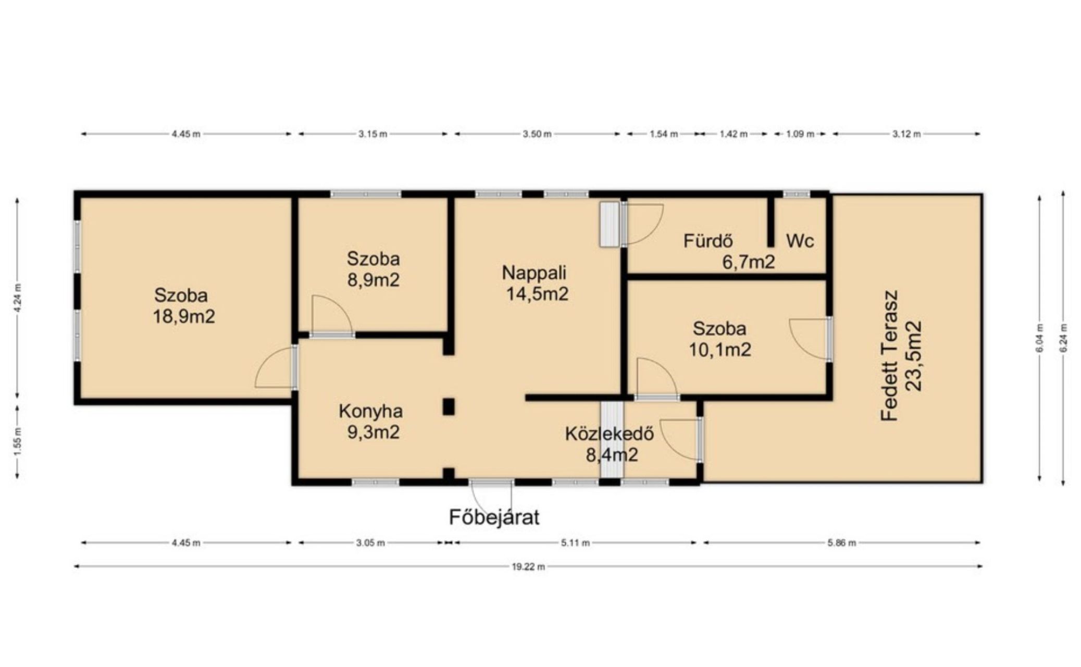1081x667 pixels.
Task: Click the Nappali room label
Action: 534,273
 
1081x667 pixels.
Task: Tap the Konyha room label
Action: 370,411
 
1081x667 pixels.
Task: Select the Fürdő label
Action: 708,241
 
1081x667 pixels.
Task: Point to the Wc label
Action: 800,241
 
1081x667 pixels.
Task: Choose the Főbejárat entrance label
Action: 494,517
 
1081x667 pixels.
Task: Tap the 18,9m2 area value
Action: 183,316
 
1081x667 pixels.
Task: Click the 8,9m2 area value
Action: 373,280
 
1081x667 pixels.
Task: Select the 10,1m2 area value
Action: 719,350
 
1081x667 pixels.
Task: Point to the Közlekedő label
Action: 609,434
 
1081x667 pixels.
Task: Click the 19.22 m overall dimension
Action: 528,567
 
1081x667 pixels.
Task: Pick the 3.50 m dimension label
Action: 537,134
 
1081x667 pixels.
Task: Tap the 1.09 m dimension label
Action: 800,134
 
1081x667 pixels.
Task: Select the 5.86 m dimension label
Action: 841,543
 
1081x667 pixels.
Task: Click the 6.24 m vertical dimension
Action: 1063,338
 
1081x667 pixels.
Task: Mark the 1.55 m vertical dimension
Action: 17,442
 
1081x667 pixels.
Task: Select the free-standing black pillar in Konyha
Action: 448,407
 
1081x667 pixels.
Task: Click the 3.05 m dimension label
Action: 370,543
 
